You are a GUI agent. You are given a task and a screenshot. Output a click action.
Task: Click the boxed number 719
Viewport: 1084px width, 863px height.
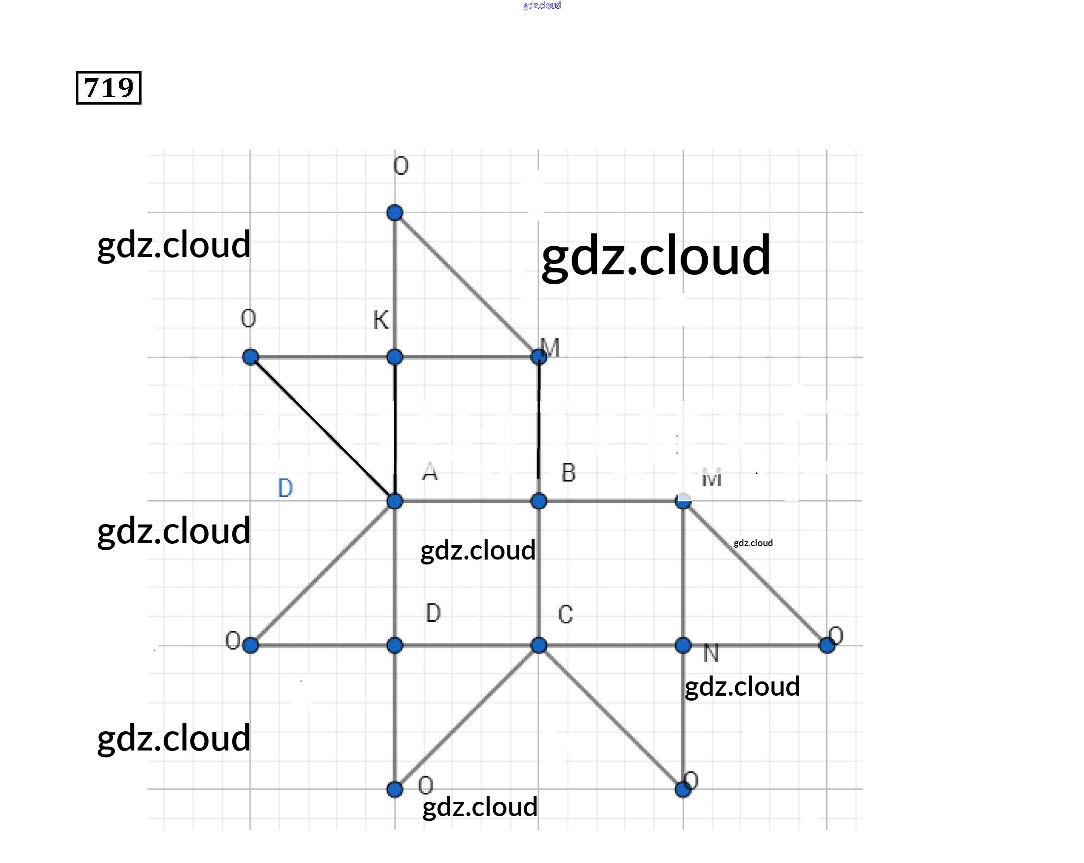click(x=108, y=88)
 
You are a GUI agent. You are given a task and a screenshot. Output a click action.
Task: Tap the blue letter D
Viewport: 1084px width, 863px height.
click(x=285, y=488)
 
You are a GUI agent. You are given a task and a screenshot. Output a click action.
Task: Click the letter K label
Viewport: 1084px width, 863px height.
click(x=381, y=320)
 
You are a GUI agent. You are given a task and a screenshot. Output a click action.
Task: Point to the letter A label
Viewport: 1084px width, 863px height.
click(x=430, y=472)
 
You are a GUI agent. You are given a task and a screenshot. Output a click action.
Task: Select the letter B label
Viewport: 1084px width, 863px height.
click(x=568, y=473)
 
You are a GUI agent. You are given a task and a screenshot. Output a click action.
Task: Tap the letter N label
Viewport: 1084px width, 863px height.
click(x=711, y=653)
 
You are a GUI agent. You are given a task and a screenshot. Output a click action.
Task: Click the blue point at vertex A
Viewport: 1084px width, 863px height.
click(x=395, y=501)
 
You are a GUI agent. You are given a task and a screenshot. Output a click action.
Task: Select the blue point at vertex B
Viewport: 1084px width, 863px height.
click(x=539, y=501)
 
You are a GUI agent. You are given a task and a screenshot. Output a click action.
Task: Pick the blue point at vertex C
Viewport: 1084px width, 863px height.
click(x=539, y=645)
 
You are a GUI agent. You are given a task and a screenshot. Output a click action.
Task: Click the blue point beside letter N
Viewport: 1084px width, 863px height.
click(x=683, y=645)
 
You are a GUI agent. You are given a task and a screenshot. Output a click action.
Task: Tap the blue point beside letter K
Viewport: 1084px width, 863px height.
click(x=395, y=357)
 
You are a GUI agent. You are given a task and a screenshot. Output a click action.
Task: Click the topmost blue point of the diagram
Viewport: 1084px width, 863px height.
click(x=395, y=213)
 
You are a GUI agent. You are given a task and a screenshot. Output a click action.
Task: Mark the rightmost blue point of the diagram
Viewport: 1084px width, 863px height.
click(x=827, y=645)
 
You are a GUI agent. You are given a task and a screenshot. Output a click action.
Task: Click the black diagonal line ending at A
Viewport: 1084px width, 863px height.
click(x=322, y=428)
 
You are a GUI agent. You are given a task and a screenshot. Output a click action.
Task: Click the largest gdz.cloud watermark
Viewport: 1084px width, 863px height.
click(x=655, y=257)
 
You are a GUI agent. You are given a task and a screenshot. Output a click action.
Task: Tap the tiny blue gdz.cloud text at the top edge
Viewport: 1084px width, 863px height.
click(x=542, y=5)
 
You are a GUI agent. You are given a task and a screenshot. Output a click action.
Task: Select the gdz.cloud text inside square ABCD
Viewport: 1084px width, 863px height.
click(x=478, y=550)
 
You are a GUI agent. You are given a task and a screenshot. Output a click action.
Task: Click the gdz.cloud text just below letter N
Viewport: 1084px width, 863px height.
click(x=742, y=686)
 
